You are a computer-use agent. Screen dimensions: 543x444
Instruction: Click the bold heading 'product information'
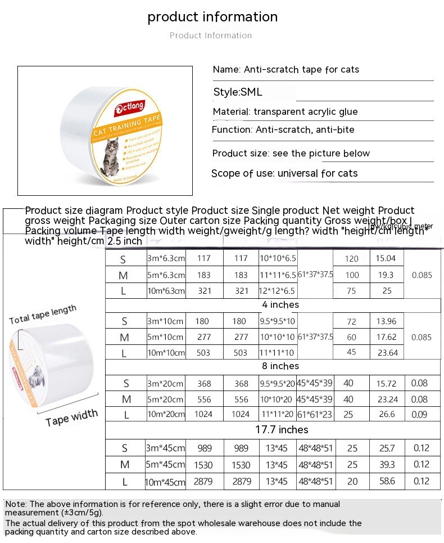(x=212, y=17)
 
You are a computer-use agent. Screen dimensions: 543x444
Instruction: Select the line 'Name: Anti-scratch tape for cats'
(x=286, y=70)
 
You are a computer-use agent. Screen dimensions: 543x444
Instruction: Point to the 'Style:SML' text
(x=238, y=92)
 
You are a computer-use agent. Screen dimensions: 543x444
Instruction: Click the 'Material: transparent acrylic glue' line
(x=285, y=112)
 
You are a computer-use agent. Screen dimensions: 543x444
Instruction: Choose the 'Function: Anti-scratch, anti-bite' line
(x=283, y=130)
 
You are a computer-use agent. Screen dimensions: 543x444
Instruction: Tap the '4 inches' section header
(x=280, y=305)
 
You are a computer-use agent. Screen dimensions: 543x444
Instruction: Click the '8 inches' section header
(x=280, y=366)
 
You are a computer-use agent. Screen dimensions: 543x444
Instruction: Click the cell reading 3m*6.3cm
(x=166, y=259)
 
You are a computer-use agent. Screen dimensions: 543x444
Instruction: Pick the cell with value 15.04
(x=386, y=259)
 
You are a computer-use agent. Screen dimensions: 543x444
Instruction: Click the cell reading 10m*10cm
(x=165, y=353)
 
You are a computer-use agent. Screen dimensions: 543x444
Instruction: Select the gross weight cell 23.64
(x=386, y=353)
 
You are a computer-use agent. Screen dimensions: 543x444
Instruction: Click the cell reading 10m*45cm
(x=165, y=482)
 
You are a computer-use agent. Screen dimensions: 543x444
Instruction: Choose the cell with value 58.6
(x=387, y=482)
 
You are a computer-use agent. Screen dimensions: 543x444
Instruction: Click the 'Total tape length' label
(x=43, y=316)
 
